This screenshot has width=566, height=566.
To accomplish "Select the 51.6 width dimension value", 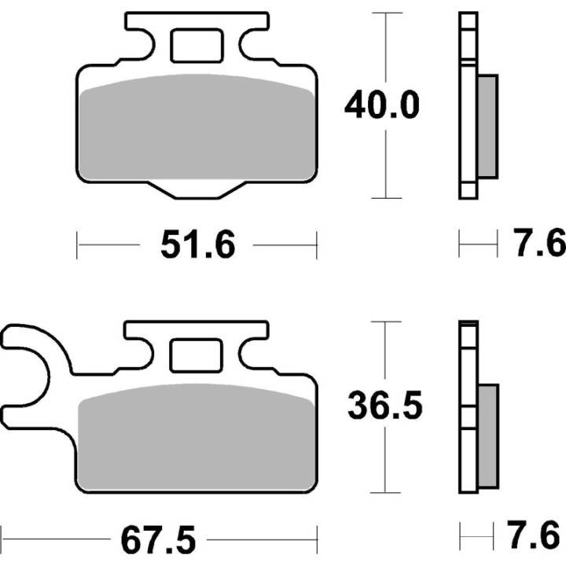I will tap(197, 245).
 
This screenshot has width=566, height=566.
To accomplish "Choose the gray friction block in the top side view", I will tap(487, 125).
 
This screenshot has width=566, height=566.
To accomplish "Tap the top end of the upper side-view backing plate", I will tap(468, 17).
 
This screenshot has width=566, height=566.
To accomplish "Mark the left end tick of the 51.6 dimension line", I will tap(77, 244).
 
